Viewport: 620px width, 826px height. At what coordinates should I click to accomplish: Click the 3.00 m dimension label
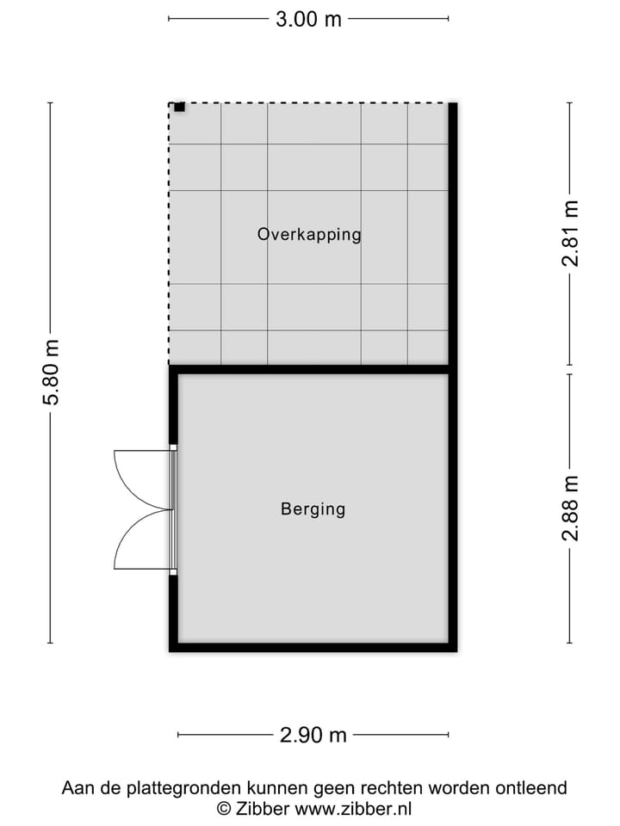click(308, 19)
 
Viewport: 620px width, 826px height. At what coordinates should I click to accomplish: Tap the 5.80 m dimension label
click(52, 373)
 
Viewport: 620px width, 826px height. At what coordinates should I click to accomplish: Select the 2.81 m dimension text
click(570, 234)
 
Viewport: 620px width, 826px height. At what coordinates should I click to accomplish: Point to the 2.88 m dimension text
click(570, 509)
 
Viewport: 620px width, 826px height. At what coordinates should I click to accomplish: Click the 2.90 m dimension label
click(313, 735)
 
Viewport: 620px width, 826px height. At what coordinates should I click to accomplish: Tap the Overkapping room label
click(309, 234)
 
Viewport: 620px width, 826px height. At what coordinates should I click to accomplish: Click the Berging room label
click(313, 509)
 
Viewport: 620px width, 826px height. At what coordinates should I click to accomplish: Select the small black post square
click(179, 107)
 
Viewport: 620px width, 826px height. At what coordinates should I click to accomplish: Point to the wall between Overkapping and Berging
click(310, 369)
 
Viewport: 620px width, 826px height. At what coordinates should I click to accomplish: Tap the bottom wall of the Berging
click(313, 646)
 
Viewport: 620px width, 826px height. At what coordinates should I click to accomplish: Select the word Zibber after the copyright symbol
click(263, 809)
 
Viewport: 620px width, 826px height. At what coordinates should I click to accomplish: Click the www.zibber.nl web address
click(354, 809)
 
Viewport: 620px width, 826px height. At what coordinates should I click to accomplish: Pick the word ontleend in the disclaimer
click(535, 787)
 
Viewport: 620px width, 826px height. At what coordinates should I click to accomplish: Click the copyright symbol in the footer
click(223, 809)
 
